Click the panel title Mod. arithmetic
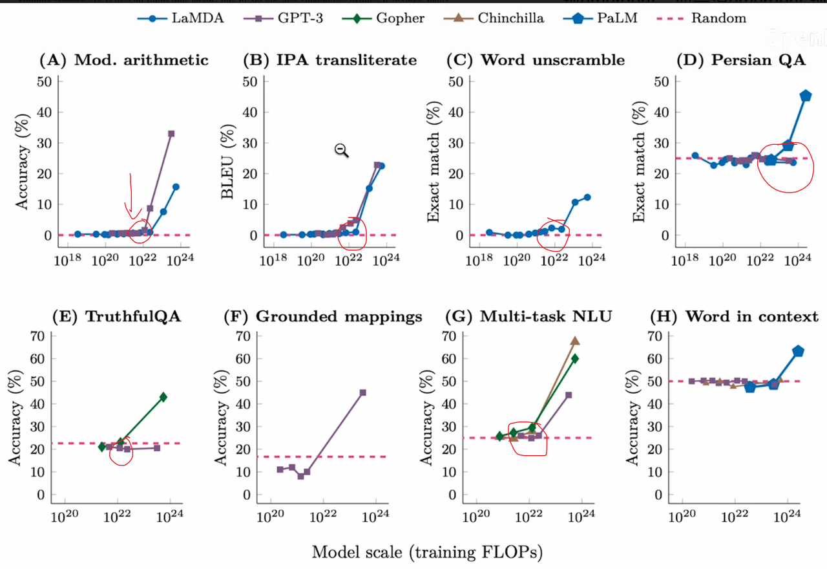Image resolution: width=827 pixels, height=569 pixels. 124,60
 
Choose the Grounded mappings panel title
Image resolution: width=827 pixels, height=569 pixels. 323,317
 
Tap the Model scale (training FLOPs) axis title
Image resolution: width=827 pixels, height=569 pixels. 427,552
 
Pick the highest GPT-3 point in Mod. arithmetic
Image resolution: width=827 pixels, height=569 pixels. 171,134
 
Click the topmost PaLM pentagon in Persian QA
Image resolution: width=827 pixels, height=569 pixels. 806,96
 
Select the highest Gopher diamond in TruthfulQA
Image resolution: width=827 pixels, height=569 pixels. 163,397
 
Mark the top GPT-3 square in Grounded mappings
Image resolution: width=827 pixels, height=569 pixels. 362,392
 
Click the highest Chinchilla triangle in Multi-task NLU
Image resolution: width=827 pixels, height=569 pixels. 575,341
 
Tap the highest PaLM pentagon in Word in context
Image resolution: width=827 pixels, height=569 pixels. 798,351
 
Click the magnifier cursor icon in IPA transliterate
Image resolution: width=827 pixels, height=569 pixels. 341,151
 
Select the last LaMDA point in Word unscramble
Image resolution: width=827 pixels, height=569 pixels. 587,197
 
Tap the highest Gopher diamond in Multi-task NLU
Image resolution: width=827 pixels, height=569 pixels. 574,358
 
